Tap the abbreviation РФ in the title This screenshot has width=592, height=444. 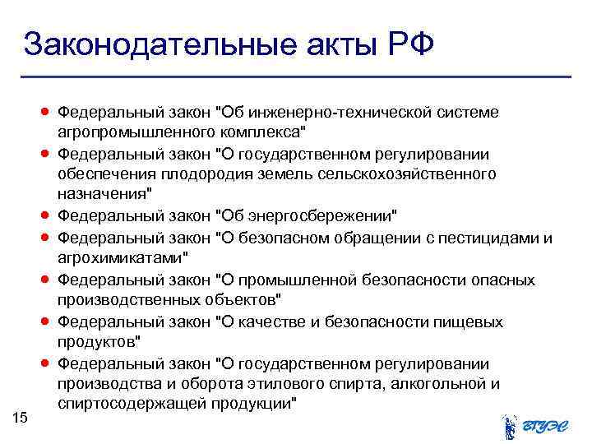point(405,44)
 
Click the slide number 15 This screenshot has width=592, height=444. point(21,419)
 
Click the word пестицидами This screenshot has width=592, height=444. point(490,237)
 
